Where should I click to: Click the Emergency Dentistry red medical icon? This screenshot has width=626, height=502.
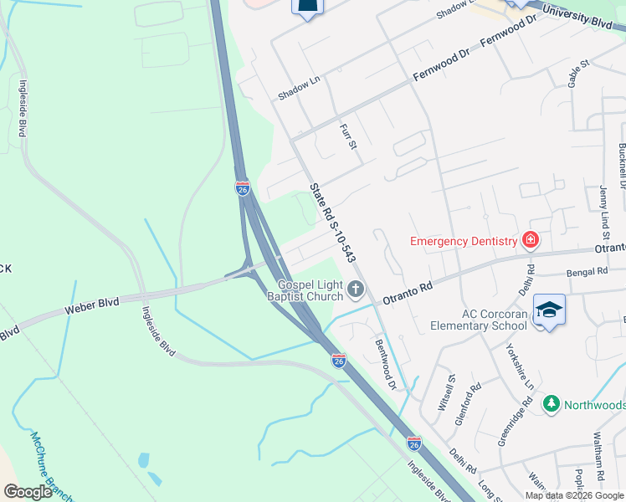[530, 241]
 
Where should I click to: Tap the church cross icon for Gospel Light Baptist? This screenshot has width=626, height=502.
[356, 290]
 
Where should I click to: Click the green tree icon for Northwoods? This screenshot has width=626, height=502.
[551, 404]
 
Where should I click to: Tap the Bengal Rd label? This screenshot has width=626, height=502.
[586, 272]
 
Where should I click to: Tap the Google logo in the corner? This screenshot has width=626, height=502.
[28, 492]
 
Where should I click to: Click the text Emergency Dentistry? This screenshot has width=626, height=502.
[464, 242]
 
